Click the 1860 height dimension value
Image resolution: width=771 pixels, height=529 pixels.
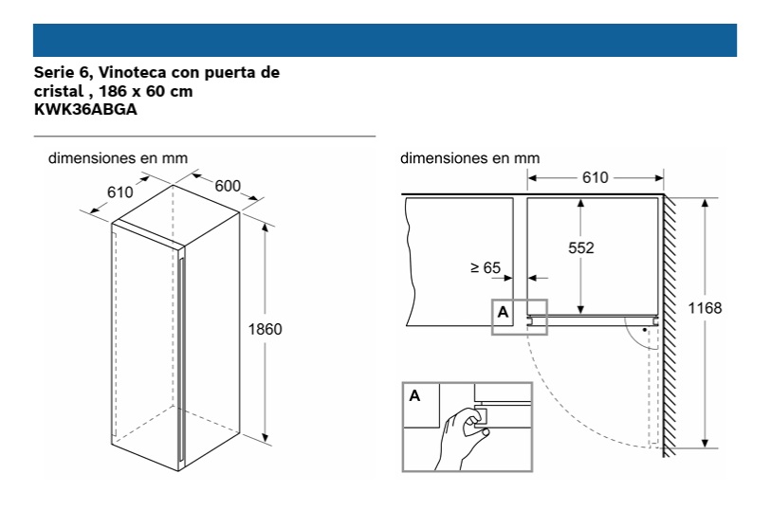pos(265,329)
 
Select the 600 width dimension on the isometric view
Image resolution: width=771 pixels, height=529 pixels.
pos(228,186)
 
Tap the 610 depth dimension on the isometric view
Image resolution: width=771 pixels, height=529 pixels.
pos(120,192)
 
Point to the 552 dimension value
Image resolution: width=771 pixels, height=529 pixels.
pos(580,247)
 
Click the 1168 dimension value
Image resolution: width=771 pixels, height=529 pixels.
pos(705,308)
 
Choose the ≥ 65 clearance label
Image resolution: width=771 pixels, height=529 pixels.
pos(486,268)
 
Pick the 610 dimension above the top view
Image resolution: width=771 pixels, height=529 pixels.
pos(595,177)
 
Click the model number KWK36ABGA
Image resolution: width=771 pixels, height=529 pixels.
pos(85,109)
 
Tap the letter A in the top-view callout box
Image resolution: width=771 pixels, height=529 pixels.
pos(503,312)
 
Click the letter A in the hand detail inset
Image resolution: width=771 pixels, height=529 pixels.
pos(414,395)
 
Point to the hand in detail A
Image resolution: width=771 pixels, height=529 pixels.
pos(461,438)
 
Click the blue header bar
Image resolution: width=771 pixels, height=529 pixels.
pos(385,41)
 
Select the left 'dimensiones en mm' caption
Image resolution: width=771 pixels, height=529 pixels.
pos(118,158)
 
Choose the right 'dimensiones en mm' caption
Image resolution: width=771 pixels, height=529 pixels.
pos(470,158)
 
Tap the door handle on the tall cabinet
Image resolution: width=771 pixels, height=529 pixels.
pos(182,358)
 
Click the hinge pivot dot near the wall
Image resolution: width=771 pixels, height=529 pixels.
pos(645,330)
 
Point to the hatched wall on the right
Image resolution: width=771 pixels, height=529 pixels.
pos(670,326)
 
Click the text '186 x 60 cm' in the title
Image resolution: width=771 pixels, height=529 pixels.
pos(146,91)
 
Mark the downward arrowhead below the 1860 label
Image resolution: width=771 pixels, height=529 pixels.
pos(266,437)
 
